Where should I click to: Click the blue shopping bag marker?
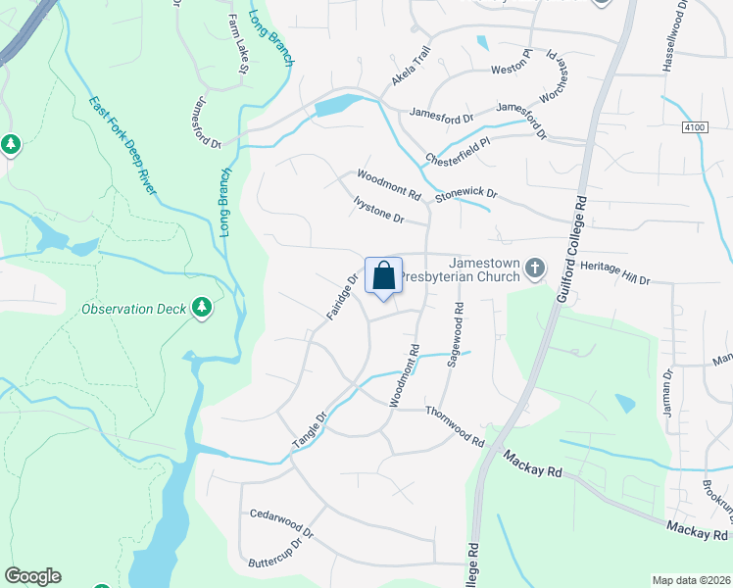click(x=384, y=275)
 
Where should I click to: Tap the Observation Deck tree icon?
click(x=203, y=309)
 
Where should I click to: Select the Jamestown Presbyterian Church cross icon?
click(x=535, y=268)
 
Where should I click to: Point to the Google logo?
click(x=32, y=576)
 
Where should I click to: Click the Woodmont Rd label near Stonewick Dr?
click(x=388, y=181)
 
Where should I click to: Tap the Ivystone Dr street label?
click(x=377, y=210)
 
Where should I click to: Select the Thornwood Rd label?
click(x=456, y=428)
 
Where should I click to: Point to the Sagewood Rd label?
click(x=457, y=334)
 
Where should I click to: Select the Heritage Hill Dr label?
click(x=615, y=273)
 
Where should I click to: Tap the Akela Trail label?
click(x=412, y=66)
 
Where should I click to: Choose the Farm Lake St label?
click(x=239, y=43)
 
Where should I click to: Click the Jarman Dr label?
click(x=667, y=393)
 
